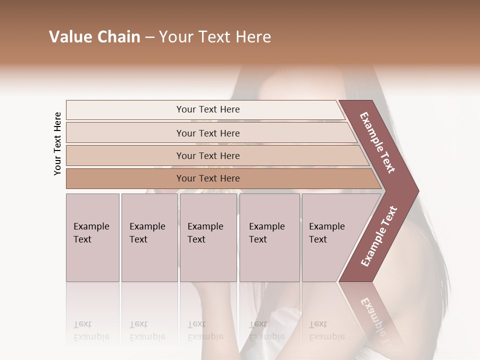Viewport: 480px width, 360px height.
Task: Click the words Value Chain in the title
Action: (94, 37)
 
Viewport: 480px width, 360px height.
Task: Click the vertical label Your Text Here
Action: (57, 143)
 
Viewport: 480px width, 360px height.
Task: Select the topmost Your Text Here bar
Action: (208, 109)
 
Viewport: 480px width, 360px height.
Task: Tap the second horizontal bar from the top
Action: (208, 133)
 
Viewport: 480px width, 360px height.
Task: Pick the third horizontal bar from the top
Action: (208, 155)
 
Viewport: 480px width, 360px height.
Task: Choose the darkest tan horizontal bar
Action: (208, 178)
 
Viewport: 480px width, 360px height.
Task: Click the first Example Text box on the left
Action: (92, 237)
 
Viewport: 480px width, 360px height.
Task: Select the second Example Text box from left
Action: (149, 237)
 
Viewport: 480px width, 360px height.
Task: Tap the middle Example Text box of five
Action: (208, 237)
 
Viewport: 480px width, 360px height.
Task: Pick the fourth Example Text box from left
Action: (269, 237)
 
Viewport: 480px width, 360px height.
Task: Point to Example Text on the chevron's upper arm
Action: (377, 142)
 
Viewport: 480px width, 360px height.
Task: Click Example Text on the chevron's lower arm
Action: (379, 236)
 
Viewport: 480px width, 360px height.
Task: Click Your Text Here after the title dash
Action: (215, 37)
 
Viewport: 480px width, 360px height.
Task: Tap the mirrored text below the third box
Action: (205, 330)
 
